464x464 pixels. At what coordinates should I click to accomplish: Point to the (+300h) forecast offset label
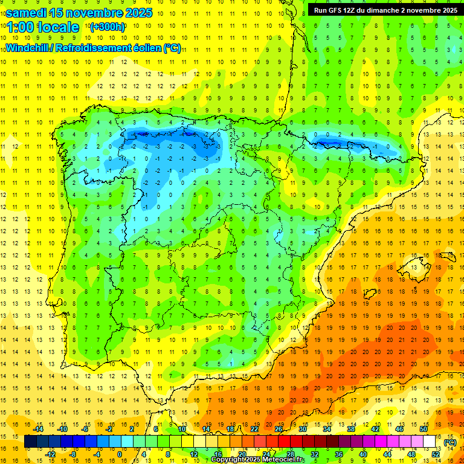(107, 27)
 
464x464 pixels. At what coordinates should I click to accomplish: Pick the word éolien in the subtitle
(146, 48)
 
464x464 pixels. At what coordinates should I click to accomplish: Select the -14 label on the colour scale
(38, 429)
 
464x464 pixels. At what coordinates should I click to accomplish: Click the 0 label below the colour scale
(119, 454)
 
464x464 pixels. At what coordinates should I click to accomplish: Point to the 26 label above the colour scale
(279, 429)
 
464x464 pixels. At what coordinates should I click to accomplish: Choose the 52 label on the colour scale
(436, 454)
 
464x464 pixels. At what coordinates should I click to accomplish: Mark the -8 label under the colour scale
(73, 454)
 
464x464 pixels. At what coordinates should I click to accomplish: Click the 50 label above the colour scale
(424, 429)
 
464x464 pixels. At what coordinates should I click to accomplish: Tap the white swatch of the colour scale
(430, 442)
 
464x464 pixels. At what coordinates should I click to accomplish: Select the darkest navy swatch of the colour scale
(30, 442)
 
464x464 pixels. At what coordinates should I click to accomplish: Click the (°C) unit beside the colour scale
(449, 442)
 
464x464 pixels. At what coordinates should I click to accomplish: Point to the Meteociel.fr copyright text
(257, 460)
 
